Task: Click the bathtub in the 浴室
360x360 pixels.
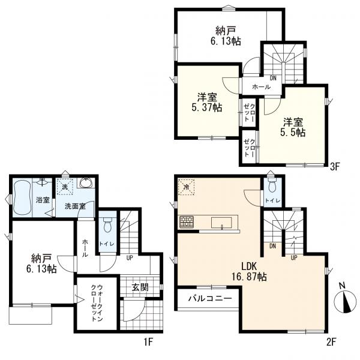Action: pos(22,197)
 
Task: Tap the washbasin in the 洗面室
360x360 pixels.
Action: pos(87,183)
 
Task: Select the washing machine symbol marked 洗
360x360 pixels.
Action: pos(65,187)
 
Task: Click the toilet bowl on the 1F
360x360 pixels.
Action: pos(107,224)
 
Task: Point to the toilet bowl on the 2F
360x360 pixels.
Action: pos(272,185)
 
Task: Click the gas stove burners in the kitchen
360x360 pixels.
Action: pos(187,222)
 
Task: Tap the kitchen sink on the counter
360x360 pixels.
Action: pos(221,223)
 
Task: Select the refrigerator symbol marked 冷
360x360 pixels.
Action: pos(186,187)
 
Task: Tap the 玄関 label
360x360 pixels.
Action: pos(140,287)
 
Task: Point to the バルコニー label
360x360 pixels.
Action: pos(210,298)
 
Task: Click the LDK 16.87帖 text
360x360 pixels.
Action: pos(249,272)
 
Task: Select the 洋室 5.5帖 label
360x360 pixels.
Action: pos(293,127)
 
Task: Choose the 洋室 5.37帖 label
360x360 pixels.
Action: pos(207,103)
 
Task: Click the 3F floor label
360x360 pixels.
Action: pos(335,167)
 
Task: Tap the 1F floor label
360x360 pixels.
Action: pos(148,342)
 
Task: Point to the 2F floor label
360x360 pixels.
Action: pos(331,343)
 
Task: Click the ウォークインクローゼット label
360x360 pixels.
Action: pos(97,303)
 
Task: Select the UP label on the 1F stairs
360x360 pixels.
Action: pos(130,258)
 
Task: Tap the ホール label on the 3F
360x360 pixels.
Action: pos(261,87)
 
